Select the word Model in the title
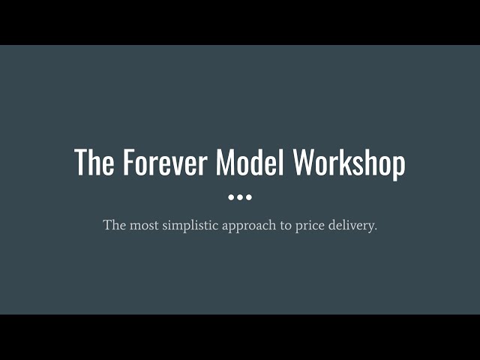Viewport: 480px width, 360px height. point(250,163)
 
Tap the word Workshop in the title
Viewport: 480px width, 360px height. point(349,163)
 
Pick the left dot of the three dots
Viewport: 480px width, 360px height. point(231,197)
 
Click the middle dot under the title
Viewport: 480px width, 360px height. point(240,197)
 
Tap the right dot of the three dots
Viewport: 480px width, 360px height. point(249,197)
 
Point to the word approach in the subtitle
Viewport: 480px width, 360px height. point(248,226)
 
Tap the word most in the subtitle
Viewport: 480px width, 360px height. point(142,225)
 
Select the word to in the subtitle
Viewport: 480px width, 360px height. point(286,225)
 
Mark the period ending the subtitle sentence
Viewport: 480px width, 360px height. point(375,229)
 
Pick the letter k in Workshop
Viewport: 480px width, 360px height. point(352,163)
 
